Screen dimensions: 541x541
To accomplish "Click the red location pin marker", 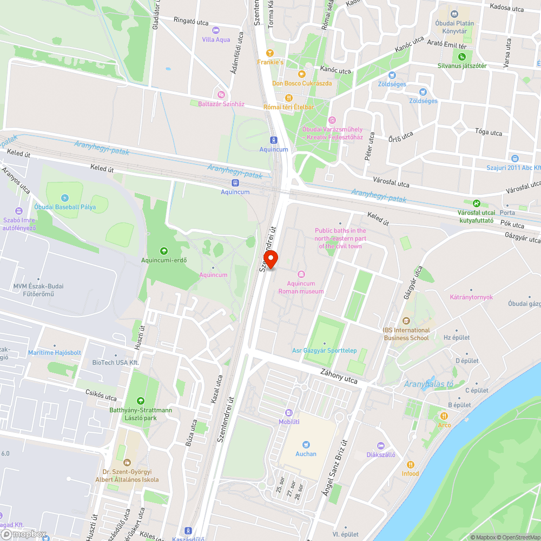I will click(270, 259).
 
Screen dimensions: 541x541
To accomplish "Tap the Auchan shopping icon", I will click(306, 444).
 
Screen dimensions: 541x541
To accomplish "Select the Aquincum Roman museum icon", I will click(301, 274).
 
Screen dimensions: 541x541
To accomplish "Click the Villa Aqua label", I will click(216, 39).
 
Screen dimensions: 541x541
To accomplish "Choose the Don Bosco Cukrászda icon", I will click(302, 74).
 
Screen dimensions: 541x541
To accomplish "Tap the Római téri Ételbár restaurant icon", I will click(288, 97).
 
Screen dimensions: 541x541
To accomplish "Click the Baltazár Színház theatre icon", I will click(220, 95).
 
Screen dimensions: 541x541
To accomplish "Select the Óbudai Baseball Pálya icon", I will click(65, 199).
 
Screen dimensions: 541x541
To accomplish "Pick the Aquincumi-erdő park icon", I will click(163, 251).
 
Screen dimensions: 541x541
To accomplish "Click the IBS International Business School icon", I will click(406, 321).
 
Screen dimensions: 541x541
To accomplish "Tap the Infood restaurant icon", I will click(410, 464).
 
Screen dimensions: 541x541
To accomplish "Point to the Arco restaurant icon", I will click(444, 415).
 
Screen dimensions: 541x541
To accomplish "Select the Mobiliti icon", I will click(289, 412).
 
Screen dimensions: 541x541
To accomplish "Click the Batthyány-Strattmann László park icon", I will click(141, 401).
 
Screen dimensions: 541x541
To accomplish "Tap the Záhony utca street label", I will click(339, 377).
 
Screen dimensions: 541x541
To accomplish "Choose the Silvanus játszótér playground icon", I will click(462, 56).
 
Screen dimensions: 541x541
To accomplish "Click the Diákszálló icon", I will click(381, 445).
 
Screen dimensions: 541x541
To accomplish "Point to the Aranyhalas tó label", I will click(428, 385).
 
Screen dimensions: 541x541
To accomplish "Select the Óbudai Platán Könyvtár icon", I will click(454, 14).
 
